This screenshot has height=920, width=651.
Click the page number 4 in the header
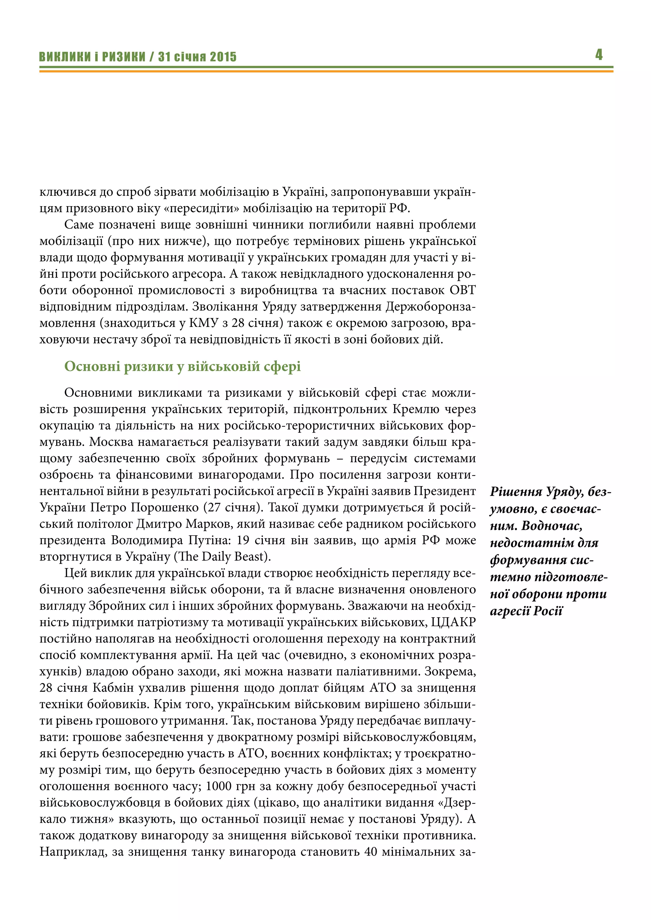point(599,55)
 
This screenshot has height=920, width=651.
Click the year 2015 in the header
point(223,57)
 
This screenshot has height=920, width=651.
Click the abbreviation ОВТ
point(462,290)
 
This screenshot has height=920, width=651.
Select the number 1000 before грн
point(219,787)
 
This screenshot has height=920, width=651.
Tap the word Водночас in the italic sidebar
point(551,526)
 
